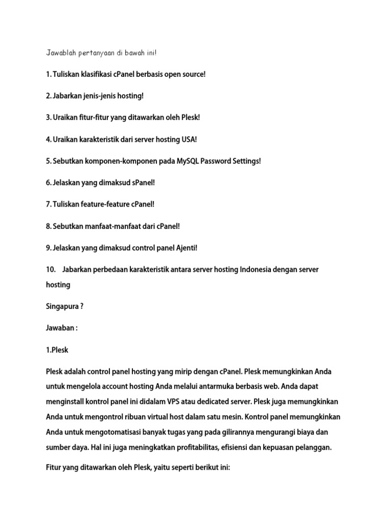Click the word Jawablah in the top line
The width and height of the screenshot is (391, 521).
60,53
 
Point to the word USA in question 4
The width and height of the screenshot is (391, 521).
189,139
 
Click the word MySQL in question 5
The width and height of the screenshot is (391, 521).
188,161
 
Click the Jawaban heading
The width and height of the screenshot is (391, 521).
62,328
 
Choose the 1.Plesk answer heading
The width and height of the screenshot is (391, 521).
57,350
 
